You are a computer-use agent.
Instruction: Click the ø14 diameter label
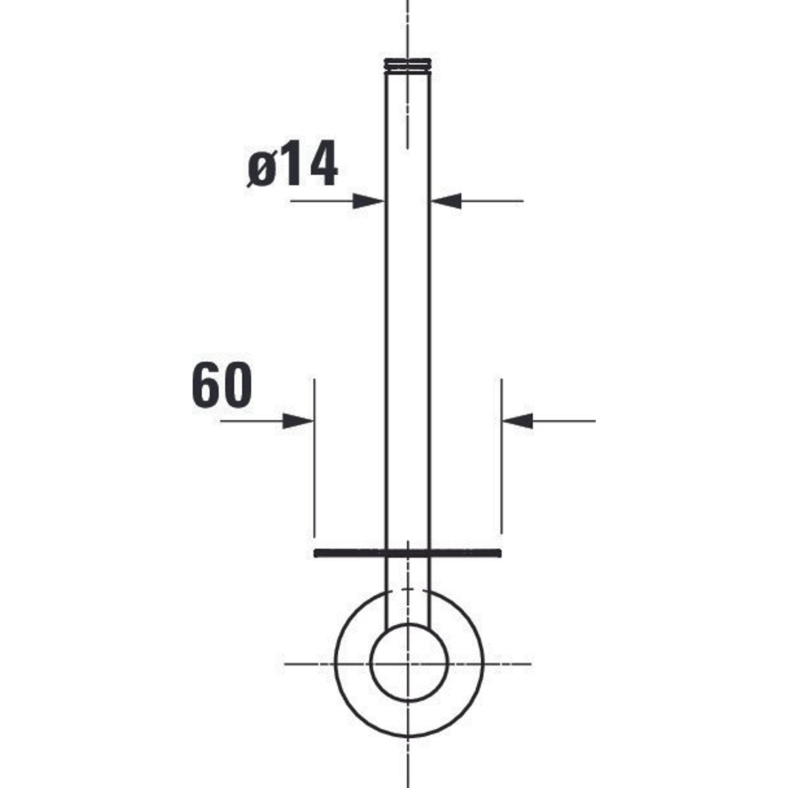pos(293,163)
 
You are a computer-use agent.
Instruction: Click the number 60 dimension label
pos(222,385)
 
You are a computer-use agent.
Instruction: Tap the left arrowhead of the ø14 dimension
pos(369,201)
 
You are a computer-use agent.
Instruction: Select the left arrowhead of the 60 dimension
pos(298,421)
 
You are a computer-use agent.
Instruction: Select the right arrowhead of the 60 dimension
pos(517,421)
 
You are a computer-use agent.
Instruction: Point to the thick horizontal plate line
pos(407,553)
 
